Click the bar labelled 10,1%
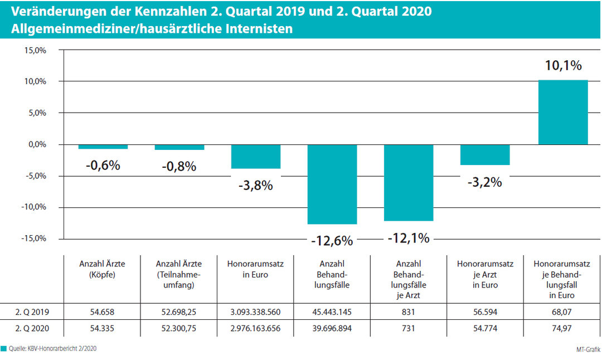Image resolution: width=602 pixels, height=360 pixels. pos(562,112)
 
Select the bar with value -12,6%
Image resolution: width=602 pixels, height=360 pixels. pos(332,184)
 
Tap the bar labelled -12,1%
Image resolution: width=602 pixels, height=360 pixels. pos(409,182)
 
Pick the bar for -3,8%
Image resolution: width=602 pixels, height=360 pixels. pos(256,157)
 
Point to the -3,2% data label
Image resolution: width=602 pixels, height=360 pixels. pos(485,182)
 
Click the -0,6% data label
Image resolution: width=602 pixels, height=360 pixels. pos(103,166)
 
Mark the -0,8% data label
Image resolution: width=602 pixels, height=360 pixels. pos(179,166)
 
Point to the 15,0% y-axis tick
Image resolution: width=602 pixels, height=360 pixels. pos(35,50)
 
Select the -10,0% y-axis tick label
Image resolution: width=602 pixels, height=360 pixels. pos(34,207)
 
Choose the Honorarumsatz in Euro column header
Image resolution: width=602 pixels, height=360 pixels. pos(255,269)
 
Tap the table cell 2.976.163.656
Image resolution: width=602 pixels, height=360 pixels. pos(255,329)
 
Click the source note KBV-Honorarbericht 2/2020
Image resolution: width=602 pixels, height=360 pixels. pos(56,349)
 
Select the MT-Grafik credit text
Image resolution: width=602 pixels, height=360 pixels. pos(588,349)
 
